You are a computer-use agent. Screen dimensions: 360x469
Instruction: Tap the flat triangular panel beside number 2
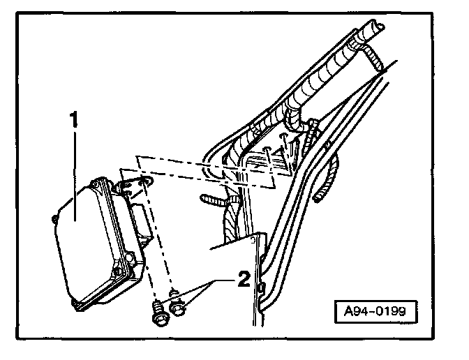(x=230, y=248)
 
